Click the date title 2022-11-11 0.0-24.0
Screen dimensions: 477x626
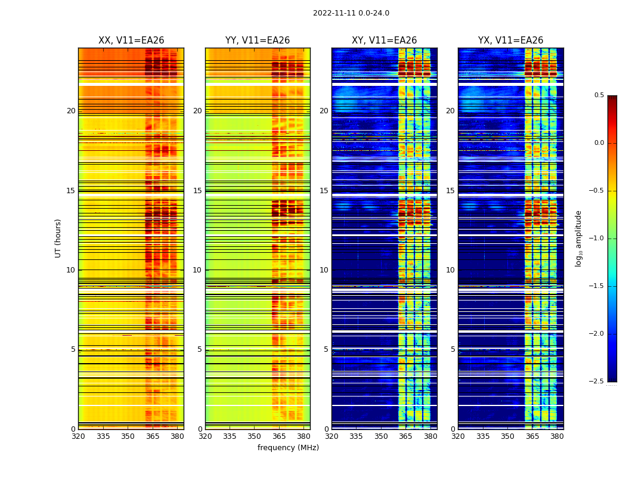click(x=351, y=13)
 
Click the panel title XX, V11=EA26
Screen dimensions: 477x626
click(x=131, y=41)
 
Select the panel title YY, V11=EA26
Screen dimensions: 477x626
click(x=258, y=41)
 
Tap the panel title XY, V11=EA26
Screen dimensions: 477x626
click(x=384, y=41)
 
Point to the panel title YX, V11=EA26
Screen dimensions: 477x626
click(x=510, y=41)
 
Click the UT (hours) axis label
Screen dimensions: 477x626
click(x=58, y=238)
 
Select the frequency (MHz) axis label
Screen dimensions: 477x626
click(x=288, y=448)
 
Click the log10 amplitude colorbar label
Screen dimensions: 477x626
click(x=578, y=238)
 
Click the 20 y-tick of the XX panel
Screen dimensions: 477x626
click(x=71, y=111)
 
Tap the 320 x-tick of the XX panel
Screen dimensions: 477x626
click(x=78, y=436)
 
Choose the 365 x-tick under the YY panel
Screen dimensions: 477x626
click(x=279, y=436)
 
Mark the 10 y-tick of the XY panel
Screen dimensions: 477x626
click(x=324, y=270)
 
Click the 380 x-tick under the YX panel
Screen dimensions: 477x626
click(x=557, y=436)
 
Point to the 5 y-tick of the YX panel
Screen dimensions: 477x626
click(x=453, y=349)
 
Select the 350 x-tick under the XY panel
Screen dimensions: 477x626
click(x=381, y=436)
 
